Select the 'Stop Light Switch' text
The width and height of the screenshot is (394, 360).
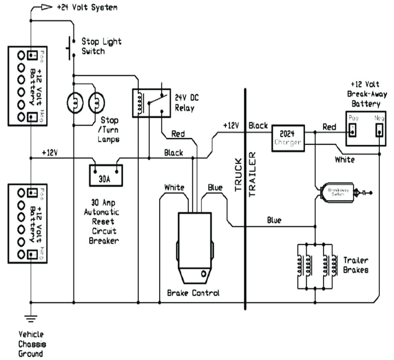pos(101,46)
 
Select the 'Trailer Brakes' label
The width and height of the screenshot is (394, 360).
pos(355,265)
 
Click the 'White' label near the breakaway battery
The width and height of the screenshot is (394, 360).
pos(344,160)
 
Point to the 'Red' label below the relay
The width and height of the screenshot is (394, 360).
pos(179,133)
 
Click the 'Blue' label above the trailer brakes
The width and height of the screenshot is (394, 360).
pos(274,220)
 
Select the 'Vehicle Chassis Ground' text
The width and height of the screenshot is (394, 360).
pos(31,344)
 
